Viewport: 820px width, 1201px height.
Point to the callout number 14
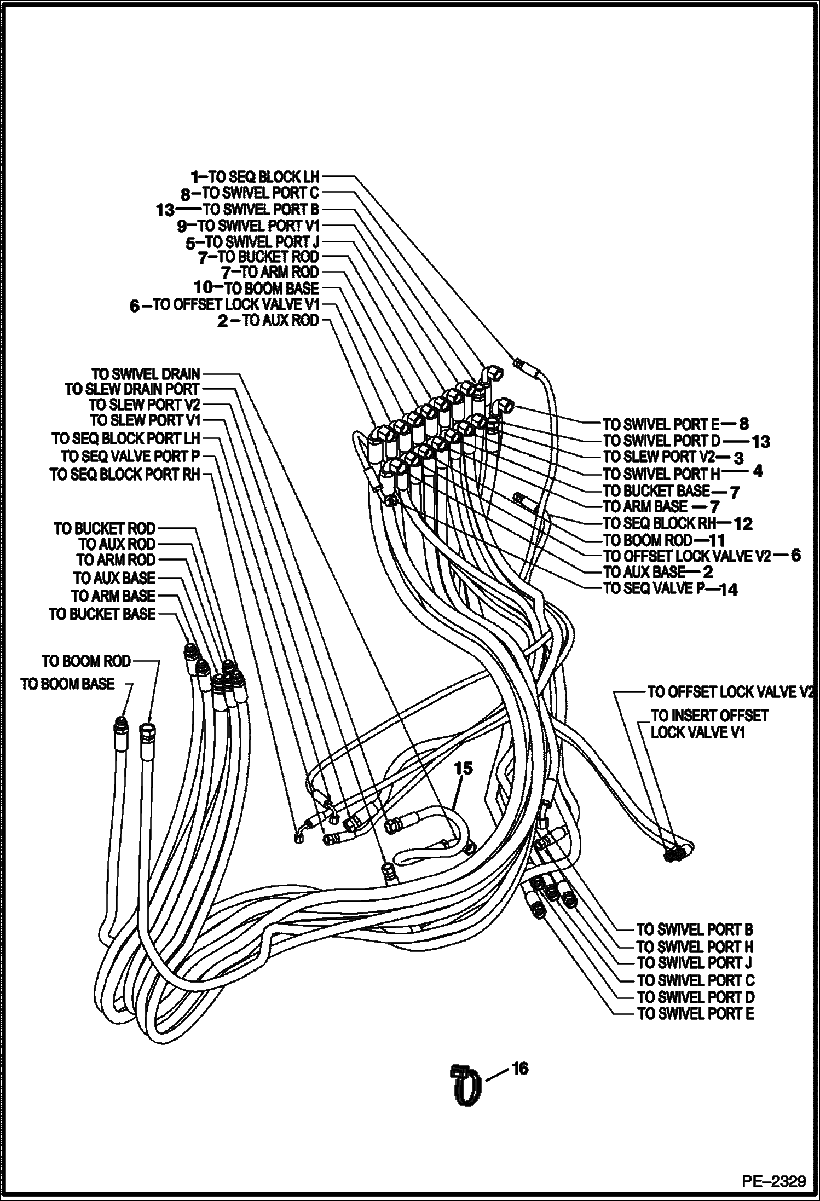[x=729, y=590]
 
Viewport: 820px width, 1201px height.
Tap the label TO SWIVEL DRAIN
[x=146, y=374]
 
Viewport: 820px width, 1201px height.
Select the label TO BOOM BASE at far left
[x=67, y=684]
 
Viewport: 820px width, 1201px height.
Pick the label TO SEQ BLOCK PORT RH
[x=125, y=475]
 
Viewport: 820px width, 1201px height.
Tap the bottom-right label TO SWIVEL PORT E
[x=695, y=1014]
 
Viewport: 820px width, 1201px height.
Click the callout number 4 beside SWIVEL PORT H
[x=758, y=471]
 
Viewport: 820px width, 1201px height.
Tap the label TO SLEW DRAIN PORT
[x=132, y=390]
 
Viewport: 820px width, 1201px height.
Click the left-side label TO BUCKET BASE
[x=102, y=615]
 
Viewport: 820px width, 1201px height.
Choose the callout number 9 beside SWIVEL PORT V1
[x=182, y=226]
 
